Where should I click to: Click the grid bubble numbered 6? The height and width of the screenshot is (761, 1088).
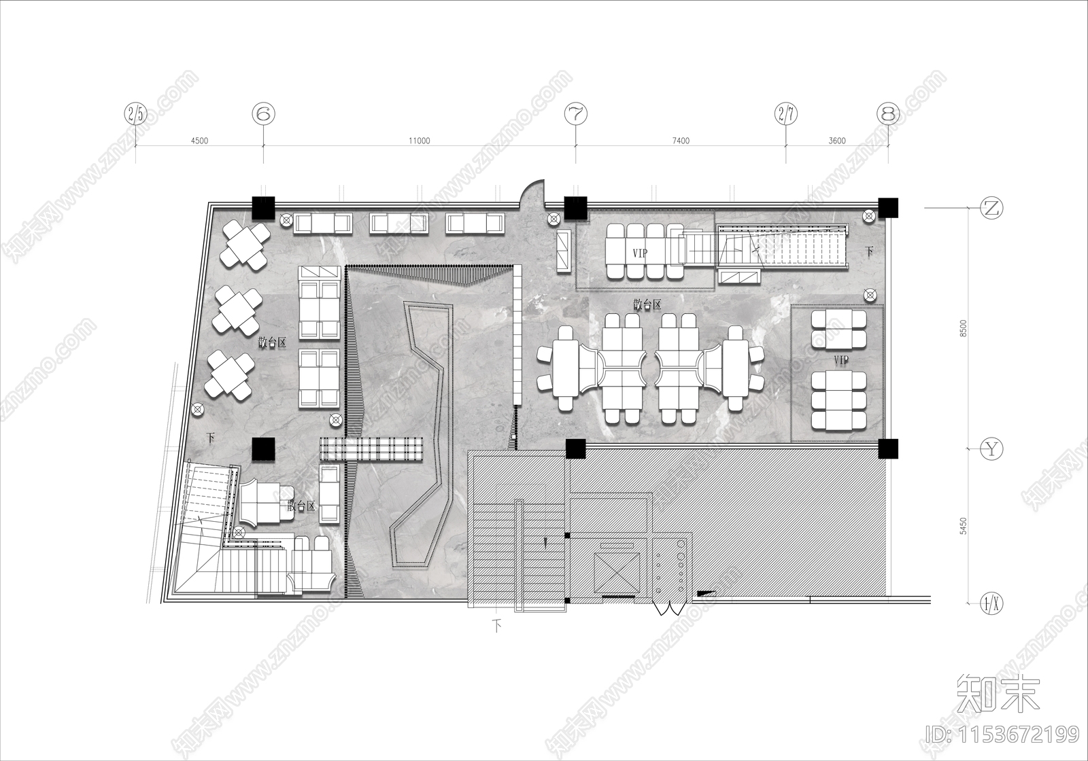pos(263,114)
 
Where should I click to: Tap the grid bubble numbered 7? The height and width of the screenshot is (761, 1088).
pos(576,114)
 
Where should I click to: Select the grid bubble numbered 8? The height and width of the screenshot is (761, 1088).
pos(888,114)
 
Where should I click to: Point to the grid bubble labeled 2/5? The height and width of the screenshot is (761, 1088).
pos(136,114)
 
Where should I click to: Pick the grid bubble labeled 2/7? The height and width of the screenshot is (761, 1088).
pos(786,114)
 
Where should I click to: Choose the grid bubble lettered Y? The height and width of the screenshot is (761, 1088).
pos(992,448)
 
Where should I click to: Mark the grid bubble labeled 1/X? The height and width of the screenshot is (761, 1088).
pos(992,602)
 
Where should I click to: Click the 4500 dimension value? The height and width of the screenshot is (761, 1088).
pos(199,141)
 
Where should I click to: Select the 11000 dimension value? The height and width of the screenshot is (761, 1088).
pos(419,141)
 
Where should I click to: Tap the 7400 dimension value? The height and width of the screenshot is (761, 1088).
pos(681,141)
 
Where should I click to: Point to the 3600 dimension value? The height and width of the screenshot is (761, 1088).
pos(837,141)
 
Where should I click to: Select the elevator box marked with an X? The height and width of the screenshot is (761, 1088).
pos(616,571)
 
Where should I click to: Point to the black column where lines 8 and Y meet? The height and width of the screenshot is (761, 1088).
pos(887,448)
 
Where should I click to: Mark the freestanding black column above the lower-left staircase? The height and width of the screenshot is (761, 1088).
pos(262,449)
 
